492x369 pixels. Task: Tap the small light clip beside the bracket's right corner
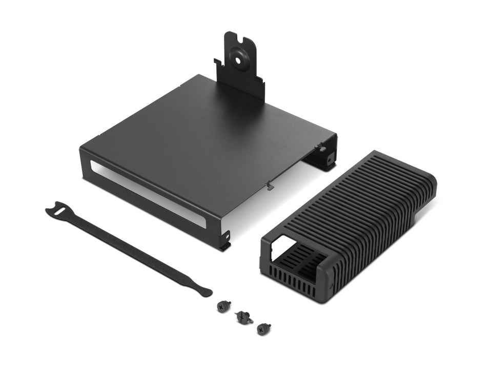tap(322, 149)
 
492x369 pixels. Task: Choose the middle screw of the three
tap(242, 318)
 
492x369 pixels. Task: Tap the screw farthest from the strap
tap(263, 329)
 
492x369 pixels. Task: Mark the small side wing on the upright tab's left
tap(218, 64)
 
